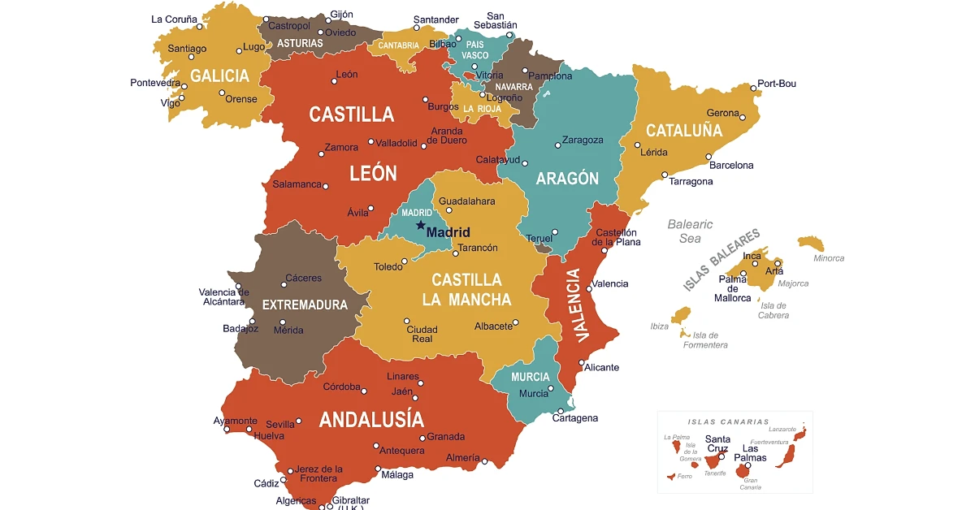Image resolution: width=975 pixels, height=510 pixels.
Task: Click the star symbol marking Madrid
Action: click(420, 225)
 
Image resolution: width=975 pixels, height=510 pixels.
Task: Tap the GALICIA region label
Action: click(219, 76)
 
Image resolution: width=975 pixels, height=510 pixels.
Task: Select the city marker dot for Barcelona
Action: click(708, 157)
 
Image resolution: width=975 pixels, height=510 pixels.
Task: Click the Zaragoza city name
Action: click(583, 140)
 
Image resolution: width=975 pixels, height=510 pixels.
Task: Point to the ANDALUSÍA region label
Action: click(371, 419)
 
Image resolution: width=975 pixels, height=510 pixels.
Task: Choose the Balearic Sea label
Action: click(690, 231)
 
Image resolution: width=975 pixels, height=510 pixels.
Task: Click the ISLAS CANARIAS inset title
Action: click(728, 421)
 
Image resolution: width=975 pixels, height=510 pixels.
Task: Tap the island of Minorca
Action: click(811, 243)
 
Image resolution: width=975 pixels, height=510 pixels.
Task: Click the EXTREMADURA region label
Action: click(305, 305)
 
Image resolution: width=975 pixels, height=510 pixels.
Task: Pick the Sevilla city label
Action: click(280, 424)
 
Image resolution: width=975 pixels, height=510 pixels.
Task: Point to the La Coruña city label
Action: click(174, 19)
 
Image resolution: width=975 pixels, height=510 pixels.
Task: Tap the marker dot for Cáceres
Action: click(284, 284)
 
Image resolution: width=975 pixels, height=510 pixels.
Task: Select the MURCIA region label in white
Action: click(530, 377)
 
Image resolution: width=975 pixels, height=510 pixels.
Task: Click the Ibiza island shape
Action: click(680, 316)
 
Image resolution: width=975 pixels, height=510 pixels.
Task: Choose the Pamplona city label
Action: click(550, 76)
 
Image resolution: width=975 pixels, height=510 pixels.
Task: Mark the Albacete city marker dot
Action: click(518, 325)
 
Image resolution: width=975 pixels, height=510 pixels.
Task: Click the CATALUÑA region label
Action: click(683, 130)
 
